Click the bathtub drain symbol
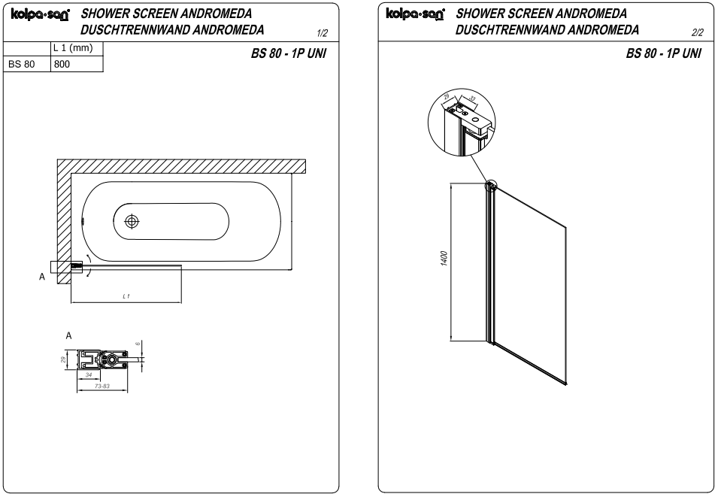point(132,222)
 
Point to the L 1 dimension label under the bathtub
point(126,297)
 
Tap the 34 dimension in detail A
point(89,374)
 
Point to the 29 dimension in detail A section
point(64,359)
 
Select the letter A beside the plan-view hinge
point(41,277)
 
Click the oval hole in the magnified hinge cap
point(475,119)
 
